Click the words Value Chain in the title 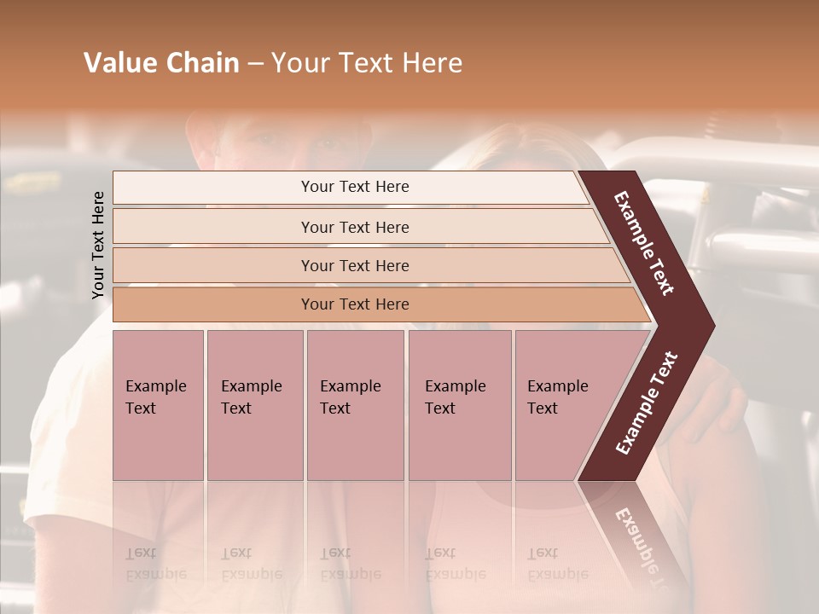point(161,63)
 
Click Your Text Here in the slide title point(367,63)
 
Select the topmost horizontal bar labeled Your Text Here point(355,187)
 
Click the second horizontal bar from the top point(355,227)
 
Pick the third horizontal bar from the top point(355,265)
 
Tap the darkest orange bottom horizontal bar point(355,304)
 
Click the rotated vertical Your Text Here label point(98,245)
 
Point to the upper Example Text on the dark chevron point(644,243)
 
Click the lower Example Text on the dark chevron point(647,403)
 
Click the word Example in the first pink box point(155,386)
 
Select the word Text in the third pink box point(335,408)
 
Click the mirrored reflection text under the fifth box point(557,563)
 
